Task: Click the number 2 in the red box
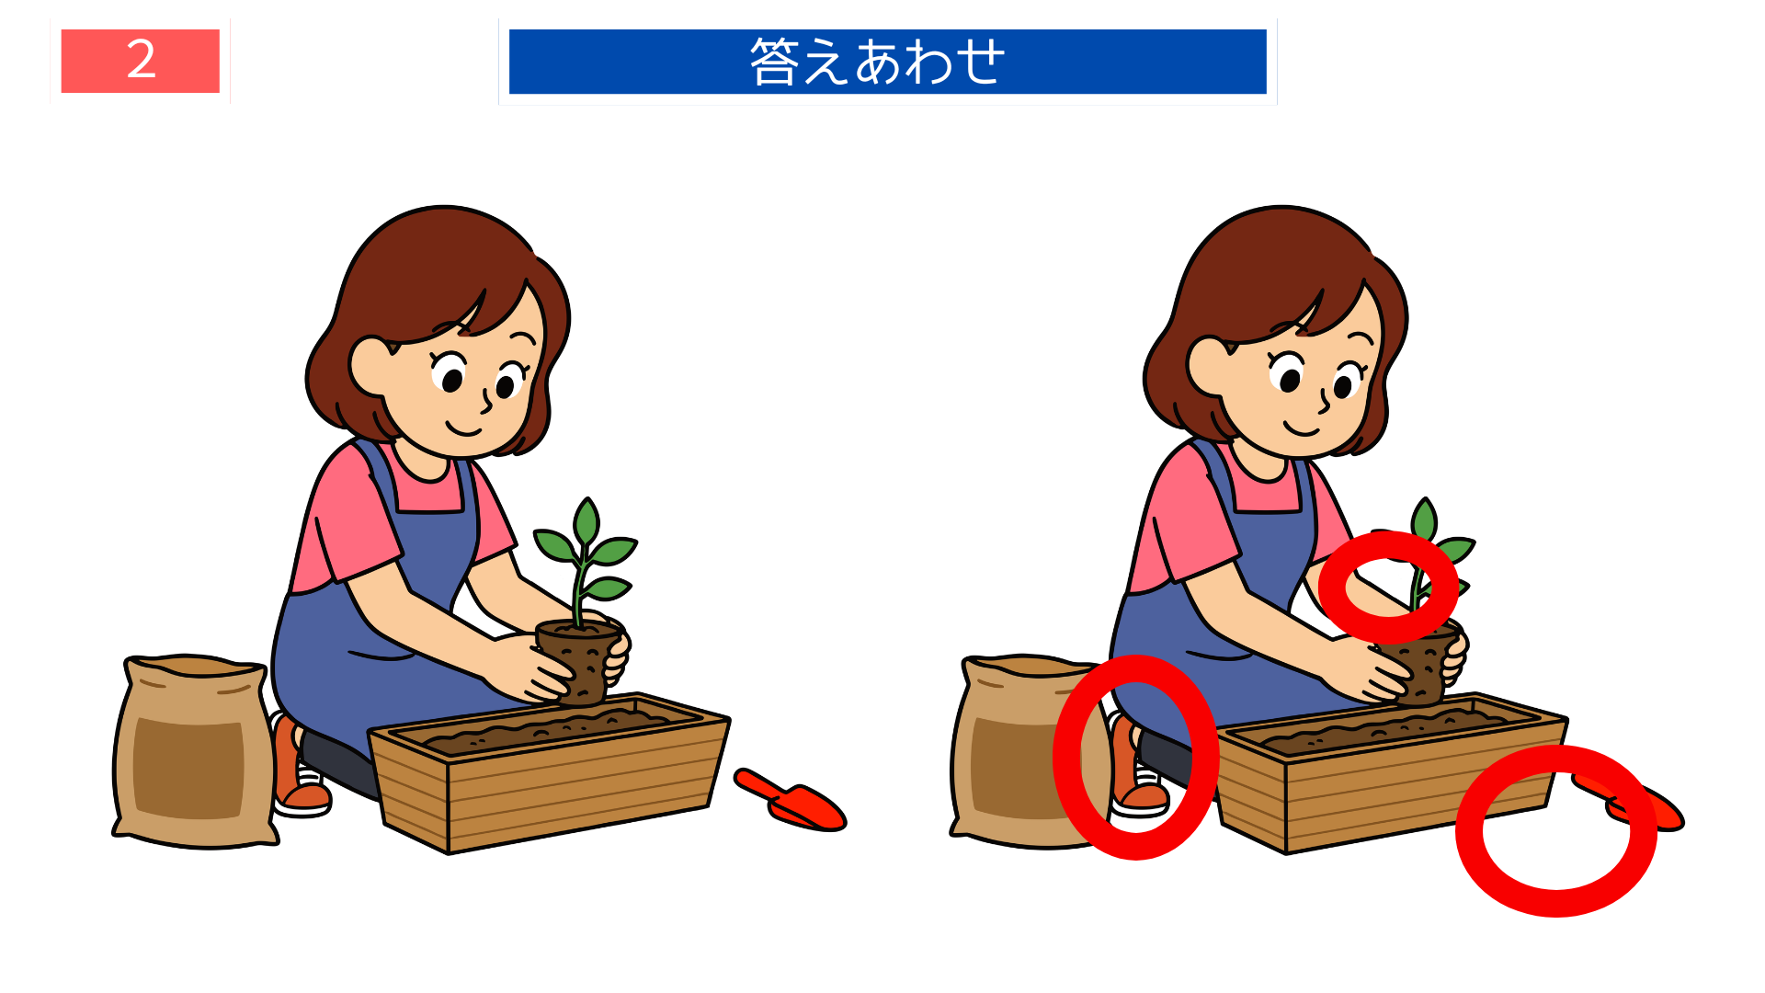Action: tap(141, 61)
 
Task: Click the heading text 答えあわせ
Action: tap(878, 62)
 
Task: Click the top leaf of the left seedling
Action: tap(586, 521)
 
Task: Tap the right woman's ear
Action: tap(1206, 365)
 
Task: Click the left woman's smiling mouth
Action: tap(464, 428)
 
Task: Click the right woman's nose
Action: tap(1325, 401)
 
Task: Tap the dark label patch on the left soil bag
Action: tap(188, 768)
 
